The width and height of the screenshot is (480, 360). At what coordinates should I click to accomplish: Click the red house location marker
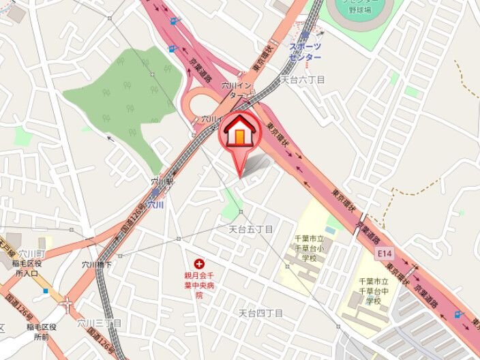pyautogui.click(x=239, y=134)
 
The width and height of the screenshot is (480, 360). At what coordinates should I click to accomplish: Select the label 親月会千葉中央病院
pyautogui.click(x=199, y=285)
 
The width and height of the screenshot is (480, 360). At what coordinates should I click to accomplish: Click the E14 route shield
pyautogui.click(x=385, y=254)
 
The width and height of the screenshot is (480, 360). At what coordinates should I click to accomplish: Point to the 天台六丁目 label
pyautogui.click(x=303, y=80)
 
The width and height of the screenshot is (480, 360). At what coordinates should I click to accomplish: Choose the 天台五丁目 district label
pyautogui.click(x=250, y=229)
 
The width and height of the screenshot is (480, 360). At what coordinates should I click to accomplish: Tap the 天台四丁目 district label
pyautogui.click(x=260, y=313)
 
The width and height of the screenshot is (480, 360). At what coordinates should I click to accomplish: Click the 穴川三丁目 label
pyautogui.click(x=99, y=322)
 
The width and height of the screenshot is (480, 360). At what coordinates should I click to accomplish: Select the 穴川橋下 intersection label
pyautogui.click(x=97, y=265)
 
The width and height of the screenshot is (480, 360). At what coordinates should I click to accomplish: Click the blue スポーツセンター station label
pyautogui.click(x=305, y=52)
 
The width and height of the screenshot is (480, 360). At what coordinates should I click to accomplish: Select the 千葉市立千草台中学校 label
pyautogui.click(x=374, y=290)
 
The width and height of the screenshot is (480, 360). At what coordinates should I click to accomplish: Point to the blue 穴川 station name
pyautogui.click(x=156, y=204)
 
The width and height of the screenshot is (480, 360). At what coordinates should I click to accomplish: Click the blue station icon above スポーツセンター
pyautogui.click(x=305, y=34)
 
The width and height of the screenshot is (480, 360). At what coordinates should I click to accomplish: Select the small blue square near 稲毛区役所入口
pyautogui.click(x=45, y=290)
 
